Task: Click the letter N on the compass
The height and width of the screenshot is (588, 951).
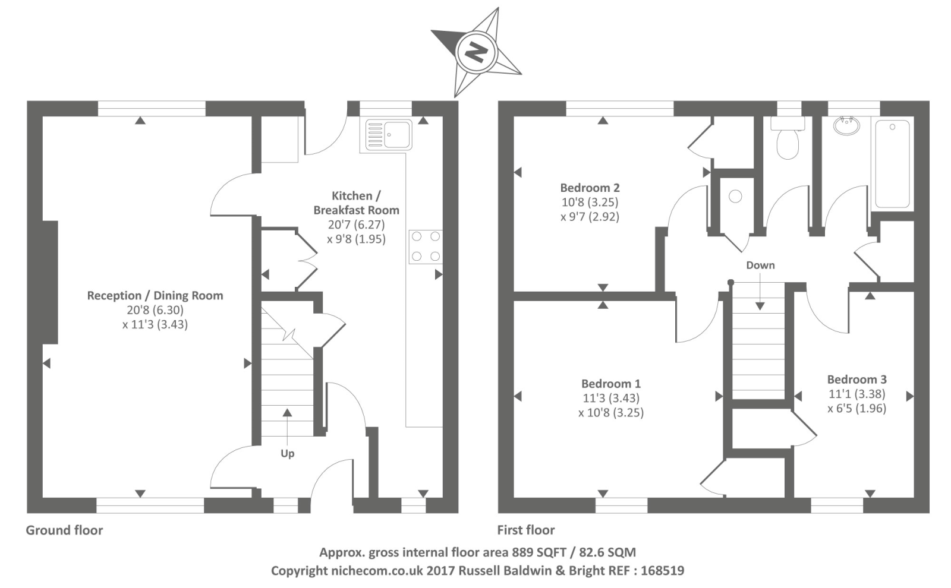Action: [475, 52]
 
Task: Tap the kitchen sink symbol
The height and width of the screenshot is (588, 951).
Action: [389, 135]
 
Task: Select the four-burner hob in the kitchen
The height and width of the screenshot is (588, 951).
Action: [426, 246]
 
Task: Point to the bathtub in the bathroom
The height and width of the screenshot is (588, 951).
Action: [892, 165]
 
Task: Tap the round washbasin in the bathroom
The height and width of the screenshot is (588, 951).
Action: [846, 126]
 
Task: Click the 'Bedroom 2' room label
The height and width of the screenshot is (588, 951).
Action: [590, 188]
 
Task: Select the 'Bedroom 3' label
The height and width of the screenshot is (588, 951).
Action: [856, 379]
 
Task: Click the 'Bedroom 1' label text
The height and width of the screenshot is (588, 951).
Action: [610, 384]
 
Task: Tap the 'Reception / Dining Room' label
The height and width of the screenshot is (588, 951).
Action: [155, 295]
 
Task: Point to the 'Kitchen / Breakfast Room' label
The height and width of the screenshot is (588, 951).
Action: [356, 203]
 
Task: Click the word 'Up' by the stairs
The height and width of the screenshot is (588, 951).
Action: [287, 453]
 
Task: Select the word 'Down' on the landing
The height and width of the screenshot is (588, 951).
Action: [760, 265]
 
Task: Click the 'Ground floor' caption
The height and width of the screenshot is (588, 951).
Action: [64, 530]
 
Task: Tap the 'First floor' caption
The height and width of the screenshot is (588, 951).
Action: [526, 530]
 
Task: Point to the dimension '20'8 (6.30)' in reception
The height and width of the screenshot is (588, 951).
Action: [155, 310]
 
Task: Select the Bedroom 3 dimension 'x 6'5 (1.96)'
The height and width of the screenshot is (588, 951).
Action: [856, 408]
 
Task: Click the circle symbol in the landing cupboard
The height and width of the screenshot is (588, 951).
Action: [735, 196]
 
